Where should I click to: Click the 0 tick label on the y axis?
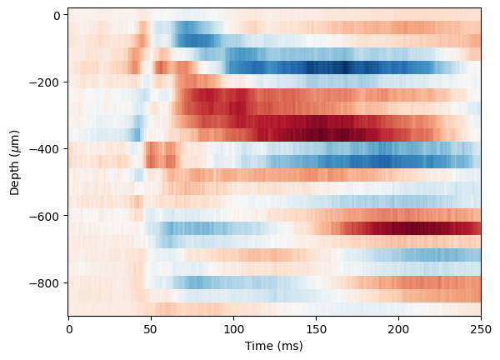[56, 15]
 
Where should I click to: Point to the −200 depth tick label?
[47, 82]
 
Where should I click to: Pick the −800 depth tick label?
[47, 282]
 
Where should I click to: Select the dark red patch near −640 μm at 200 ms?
[408, 227]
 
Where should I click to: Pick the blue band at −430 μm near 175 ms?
[358, 160]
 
